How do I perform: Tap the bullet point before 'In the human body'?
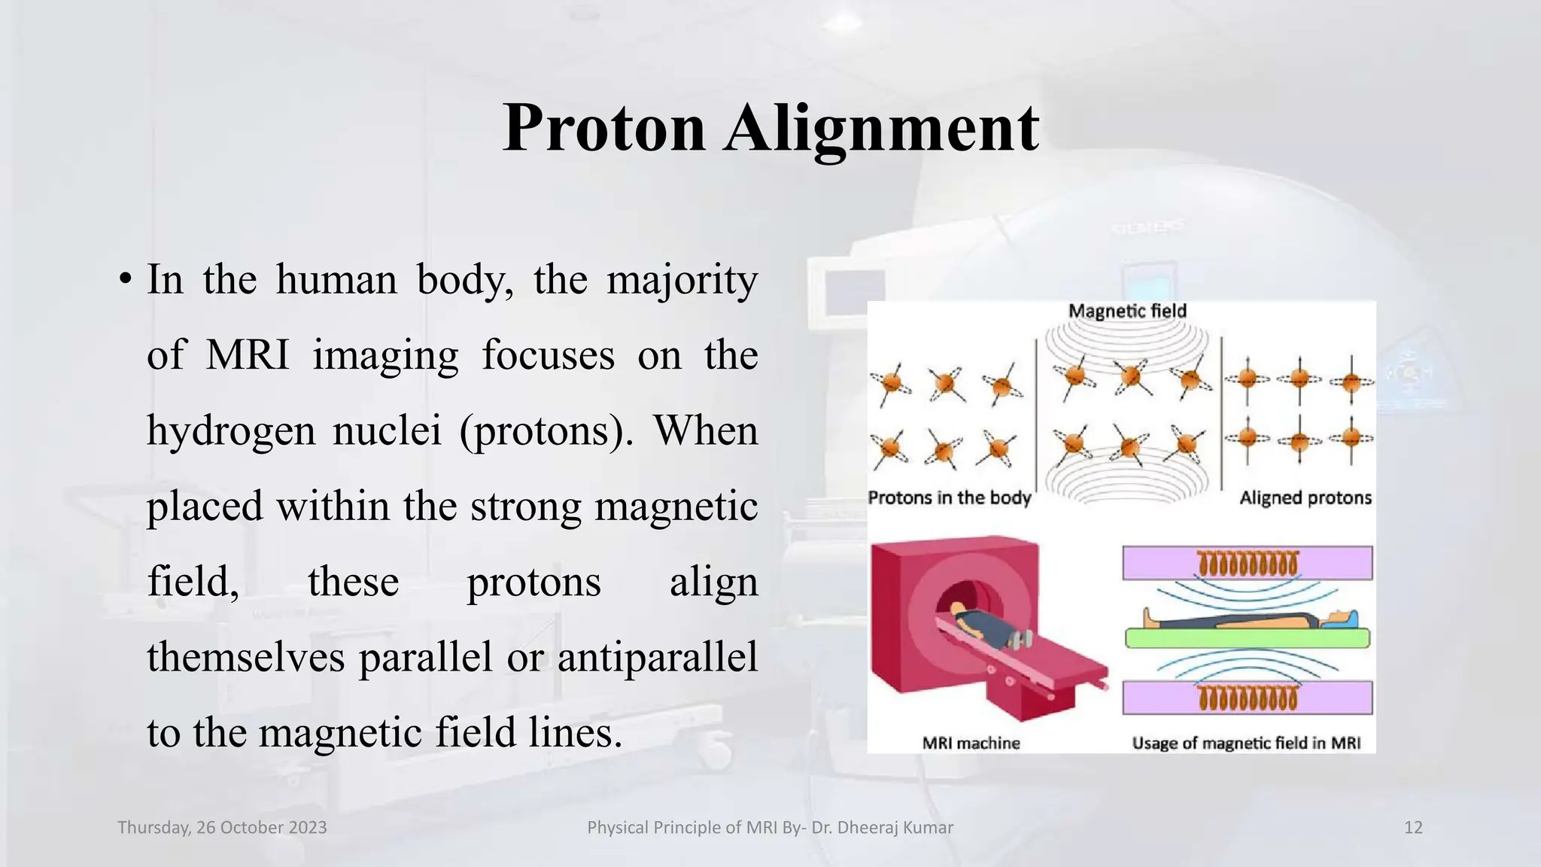[126, 281]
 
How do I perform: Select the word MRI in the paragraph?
[248, 354]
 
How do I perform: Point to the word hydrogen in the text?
[230, 431]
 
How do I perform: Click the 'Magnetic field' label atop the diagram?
[1127, 311]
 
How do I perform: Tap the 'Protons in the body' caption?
[949, 497]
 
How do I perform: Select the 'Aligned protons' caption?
[1305, 497]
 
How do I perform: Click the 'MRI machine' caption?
[971, 743]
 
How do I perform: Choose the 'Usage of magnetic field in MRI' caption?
[1246, 743]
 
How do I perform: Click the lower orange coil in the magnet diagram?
[1248, 698]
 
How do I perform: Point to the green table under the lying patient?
[1247, 639]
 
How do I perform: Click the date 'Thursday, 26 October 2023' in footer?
[222, 828]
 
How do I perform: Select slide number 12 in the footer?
[1413, 828]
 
